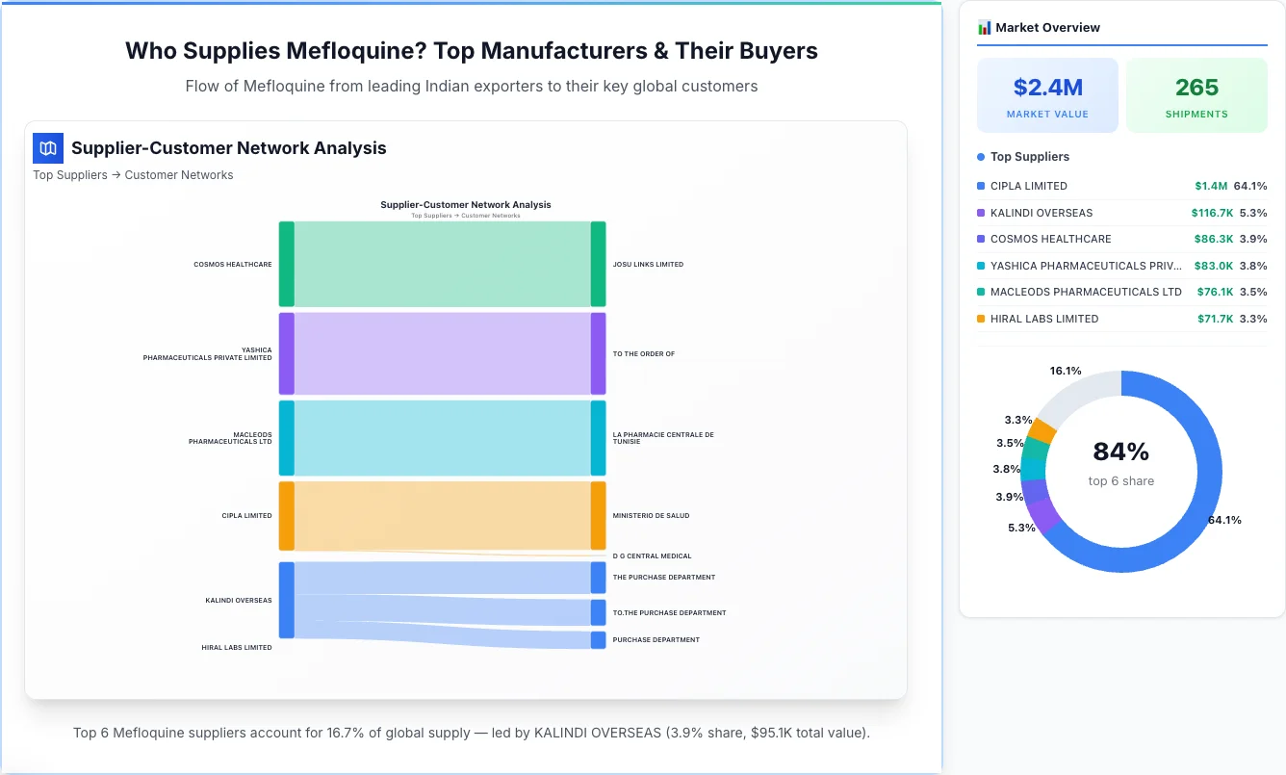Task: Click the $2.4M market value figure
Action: tap(1047, 88)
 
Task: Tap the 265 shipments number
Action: tap(1196, 88)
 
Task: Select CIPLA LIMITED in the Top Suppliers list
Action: tap(1028, 186)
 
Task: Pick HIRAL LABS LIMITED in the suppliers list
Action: tap(1043, 319)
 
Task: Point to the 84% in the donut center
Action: tap(1120, 452)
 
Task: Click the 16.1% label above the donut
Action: tap(1066, 371)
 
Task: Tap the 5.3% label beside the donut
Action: tap(1021, 528)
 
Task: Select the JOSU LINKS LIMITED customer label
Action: tap(648, 264)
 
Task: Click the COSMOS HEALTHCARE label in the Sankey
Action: tap(233, 264)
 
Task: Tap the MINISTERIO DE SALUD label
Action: tap(651, 516)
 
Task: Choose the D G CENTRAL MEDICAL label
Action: tap(652, 556)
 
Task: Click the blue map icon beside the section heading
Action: tap(47, 148)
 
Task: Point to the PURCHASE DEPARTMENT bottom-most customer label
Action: tap(656, 640)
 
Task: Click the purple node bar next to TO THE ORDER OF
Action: tap(598, 353)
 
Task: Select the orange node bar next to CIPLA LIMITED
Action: tap(287, 516)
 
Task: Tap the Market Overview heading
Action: tap(1047, 28)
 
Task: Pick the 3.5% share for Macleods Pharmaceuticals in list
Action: tap(1253, 292)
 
